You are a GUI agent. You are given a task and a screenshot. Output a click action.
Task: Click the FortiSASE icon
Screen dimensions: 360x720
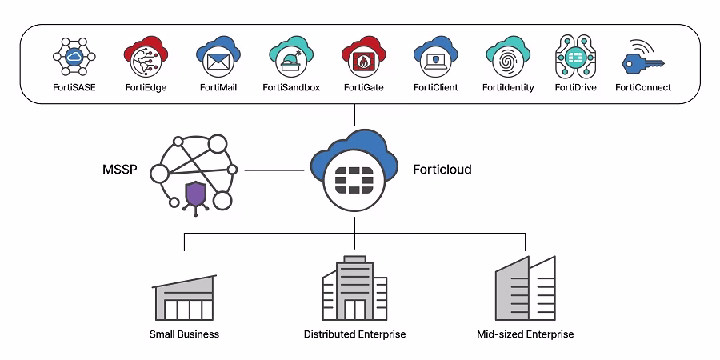point(74,57)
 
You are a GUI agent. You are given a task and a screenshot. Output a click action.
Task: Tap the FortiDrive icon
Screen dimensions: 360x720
point(576,57)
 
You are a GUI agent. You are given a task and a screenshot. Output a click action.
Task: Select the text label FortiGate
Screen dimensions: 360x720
point(363,87)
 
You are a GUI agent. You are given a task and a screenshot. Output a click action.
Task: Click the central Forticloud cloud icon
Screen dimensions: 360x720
point(354,171)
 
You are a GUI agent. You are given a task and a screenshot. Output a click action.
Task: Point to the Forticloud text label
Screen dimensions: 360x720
point(442,170)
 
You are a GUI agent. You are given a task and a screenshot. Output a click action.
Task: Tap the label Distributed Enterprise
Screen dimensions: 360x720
point(354,334)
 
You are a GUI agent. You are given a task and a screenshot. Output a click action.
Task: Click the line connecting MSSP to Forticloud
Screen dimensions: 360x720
point(276,170)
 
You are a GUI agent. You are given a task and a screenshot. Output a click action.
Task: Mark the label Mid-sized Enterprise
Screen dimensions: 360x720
point(524,334)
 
